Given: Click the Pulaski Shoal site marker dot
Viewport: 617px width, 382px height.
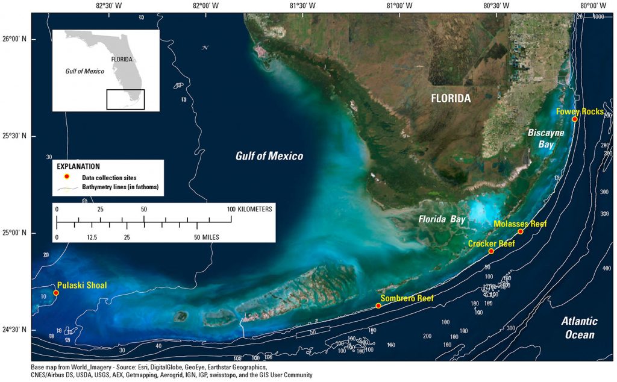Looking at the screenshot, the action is coord(56,293).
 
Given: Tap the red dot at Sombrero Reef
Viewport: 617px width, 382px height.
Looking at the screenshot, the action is coord(378,306).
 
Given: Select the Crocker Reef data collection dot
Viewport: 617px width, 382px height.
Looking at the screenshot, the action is coord(491,251).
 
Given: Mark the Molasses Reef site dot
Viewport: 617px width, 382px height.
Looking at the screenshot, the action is coord(521,232).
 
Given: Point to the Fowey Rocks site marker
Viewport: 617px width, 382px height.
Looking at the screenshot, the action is coord(575,119).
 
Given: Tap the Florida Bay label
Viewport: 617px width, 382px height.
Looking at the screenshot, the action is coord(442,220).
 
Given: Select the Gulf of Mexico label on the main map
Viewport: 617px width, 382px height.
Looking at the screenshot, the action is coord(269,156).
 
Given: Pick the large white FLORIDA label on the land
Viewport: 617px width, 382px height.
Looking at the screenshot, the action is coord(451,98).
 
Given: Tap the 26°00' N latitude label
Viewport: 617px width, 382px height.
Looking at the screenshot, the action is coord(16,39).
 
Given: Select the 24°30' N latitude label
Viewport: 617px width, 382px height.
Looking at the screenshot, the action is coord(16,330).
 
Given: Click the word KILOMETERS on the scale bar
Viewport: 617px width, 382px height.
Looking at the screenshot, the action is coord(255,209).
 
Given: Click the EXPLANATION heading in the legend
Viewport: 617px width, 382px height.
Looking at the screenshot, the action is coord(78,166).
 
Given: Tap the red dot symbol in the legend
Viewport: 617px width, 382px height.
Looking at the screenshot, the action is coord(67,177).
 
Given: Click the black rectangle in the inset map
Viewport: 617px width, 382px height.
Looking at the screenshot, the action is coord(125,99).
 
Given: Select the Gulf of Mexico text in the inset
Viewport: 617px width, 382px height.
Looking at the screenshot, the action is coord(85,71).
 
